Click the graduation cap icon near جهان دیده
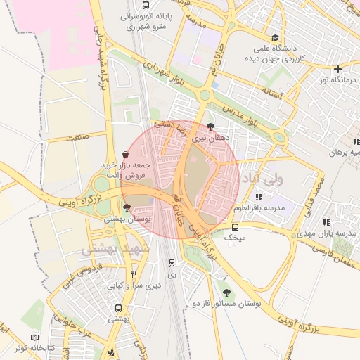275,38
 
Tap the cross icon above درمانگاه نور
338,69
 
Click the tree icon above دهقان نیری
211,127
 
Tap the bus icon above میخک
235,227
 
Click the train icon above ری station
172,264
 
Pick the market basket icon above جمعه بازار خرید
125,154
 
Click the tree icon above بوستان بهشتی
127,208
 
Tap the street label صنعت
78,138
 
